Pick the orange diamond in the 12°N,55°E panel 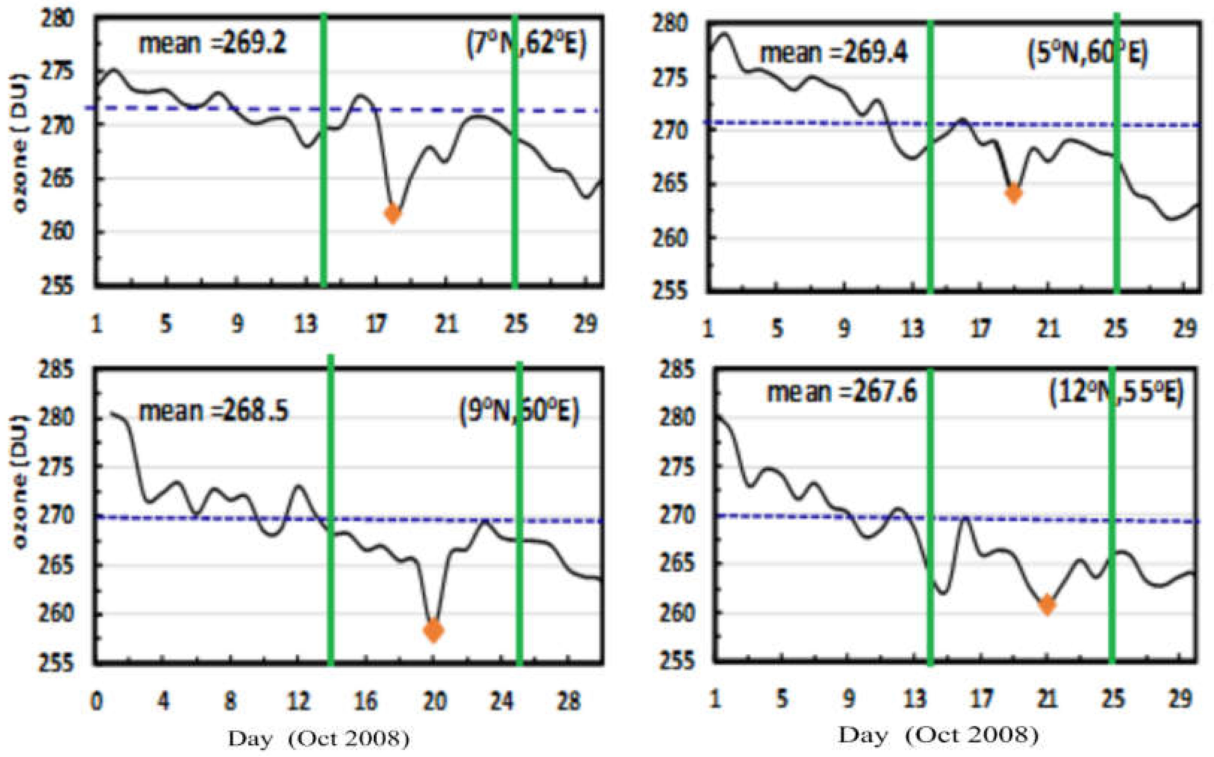click(1047, 605)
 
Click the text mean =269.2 click(212, 44)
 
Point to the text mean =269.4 click(834, 53)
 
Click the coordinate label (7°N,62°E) click(526, 46)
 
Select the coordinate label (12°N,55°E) click(1116, 393)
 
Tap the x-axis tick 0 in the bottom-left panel click(96, 701)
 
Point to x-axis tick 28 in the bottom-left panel click(569, 701)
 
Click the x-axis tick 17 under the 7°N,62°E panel click(376, 324)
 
